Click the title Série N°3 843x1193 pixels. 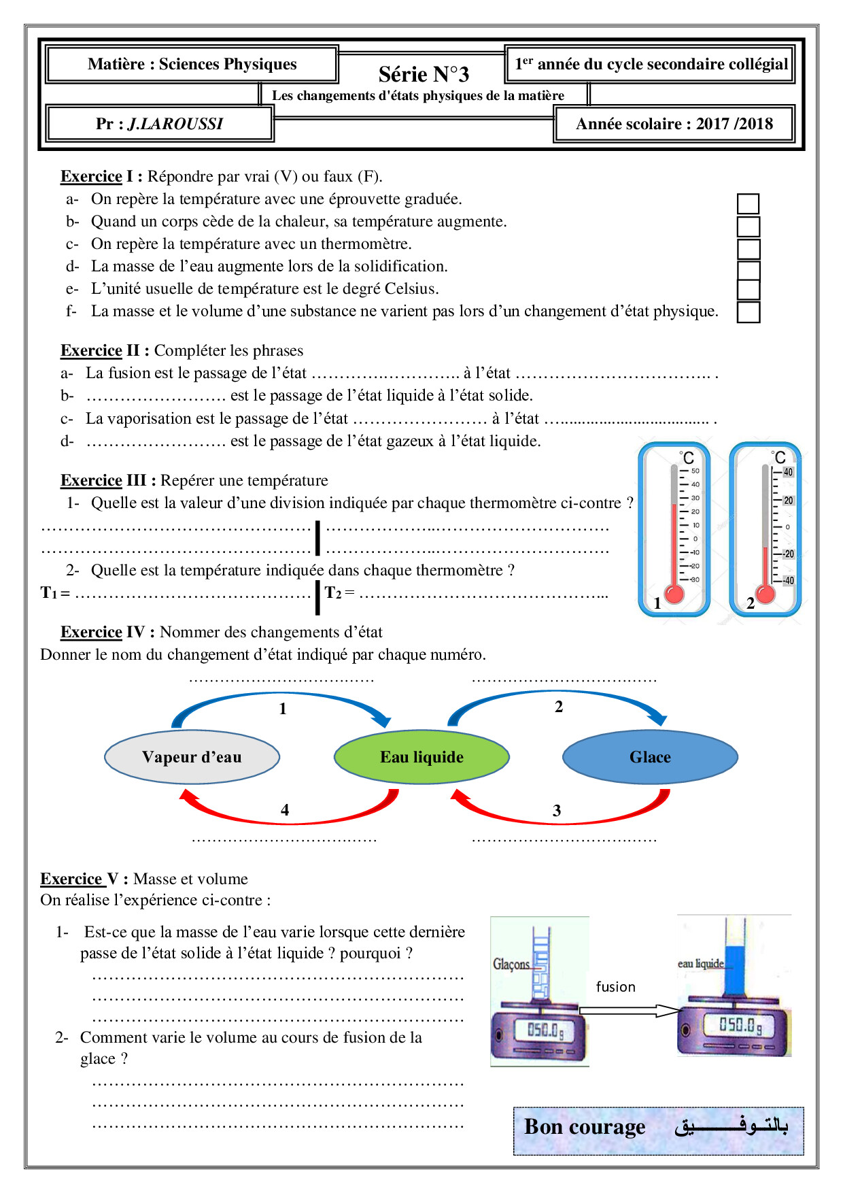(x=424, y=73)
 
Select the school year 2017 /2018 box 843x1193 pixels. (x=674, y=124)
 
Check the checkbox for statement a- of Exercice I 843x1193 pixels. (x=748, y=203)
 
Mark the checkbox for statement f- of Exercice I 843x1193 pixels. (x=748, y=312)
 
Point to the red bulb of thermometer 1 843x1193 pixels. (x=674, y=594)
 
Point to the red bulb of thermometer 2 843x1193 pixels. (x=765, y=594)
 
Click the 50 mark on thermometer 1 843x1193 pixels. (x=695, y=471)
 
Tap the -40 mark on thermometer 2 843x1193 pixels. (x=788, y=581)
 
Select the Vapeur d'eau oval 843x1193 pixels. (x=192, y=757)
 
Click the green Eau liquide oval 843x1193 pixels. (x=421, y=757)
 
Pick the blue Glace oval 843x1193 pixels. (x=650, y=757)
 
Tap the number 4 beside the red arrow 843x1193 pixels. (x=285, y=810)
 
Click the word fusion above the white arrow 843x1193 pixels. (x=615, y=987)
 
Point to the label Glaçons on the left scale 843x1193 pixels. (x=511, y=964)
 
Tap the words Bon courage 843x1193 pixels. (x=585, y=1127)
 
